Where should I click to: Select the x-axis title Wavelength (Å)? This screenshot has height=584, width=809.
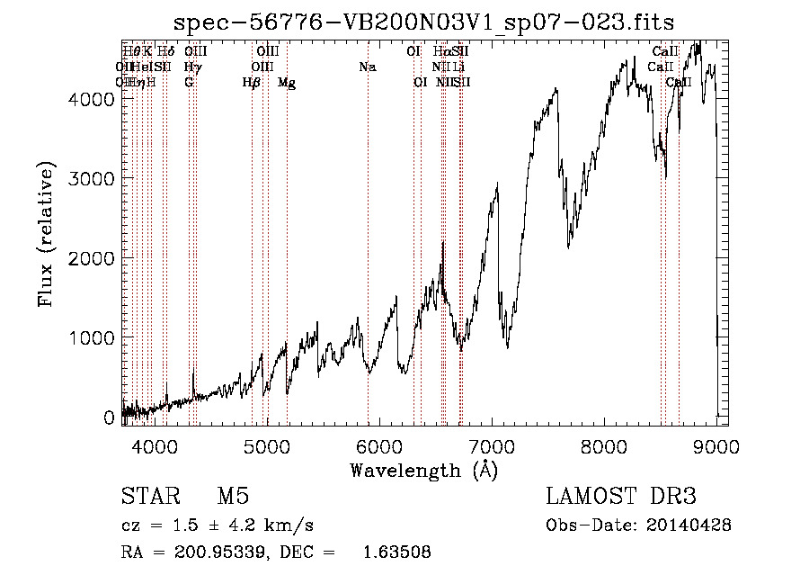click(x=423, y=470)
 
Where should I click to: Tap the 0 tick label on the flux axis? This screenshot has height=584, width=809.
click(x=110, y=418)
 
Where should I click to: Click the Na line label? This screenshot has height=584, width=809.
click(x=367, y=67)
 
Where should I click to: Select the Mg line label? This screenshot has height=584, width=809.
click(x=287, y=83)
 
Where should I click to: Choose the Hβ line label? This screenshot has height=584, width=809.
click(x=252, y=83)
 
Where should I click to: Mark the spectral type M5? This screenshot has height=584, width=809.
click(x=233, y=497)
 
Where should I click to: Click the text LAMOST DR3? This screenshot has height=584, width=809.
click(x=621, y=497)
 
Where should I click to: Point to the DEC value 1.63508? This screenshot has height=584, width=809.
click(x=396, y=553)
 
